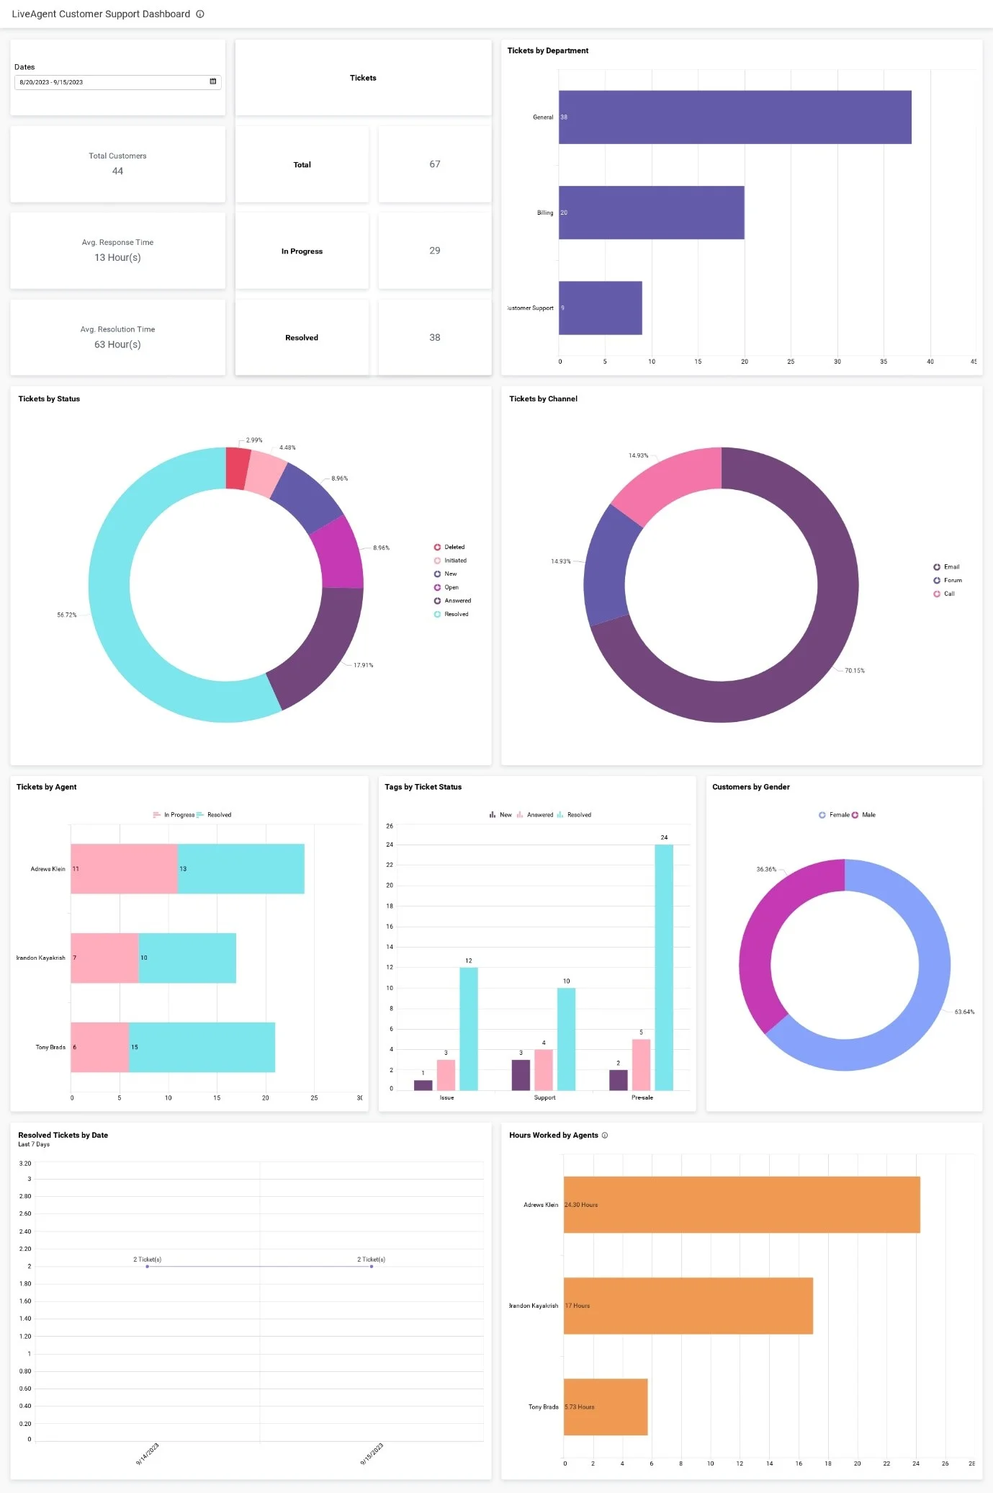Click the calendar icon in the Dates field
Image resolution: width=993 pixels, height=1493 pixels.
212,81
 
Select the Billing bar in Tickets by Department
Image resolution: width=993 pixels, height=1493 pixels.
651,213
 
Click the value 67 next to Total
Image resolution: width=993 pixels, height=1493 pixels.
434,164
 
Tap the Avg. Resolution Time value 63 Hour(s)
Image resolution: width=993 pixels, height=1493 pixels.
117,344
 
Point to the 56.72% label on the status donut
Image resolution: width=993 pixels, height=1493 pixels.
66,615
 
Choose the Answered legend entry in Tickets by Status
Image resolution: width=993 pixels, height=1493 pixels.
457,601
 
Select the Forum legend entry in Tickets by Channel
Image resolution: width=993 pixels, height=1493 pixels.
952,580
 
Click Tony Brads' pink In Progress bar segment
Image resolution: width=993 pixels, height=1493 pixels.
99,1047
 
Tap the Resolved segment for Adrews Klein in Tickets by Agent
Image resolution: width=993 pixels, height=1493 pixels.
241,868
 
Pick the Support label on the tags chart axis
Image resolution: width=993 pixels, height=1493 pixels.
544,1097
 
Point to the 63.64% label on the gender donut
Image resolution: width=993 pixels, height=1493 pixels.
963,1012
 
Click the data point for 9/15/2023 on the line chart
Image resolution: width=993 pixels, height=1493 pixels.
372,1266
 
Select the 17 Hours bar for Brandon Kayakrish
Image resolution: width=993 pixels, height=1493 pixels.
688,1306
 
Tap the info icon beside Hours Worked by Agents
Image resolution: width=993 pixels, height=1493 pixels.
605,1136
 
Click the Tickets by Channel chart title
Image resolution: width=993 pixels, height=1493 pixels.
543,398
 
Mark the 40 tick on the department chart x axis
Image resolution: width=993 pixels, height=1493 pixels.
930,362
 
